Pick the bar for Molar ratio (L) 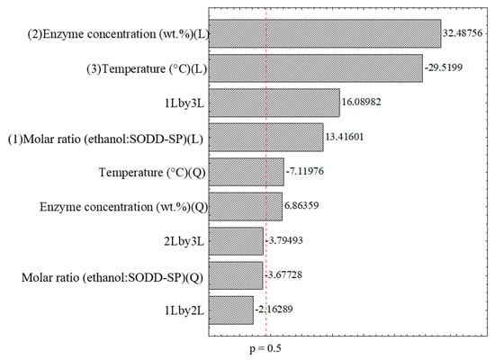(265, 138)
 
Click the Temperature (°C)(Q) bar (246, 172)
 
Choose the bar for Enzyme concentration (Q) (245, 206)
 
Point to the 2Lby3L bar (236, 240)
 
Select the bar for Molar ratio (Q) (236, 275)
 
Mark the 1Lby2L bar (231, 310)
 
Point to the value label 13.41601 (346, 138)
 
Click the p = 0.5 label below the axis (266, 346)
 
